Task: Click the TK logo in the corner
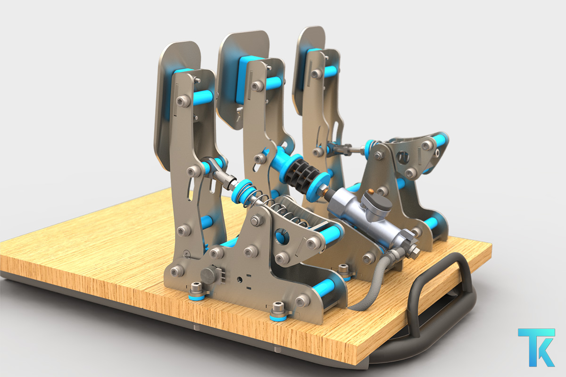tap(536, 347)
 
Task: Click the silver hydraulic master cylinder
tap(366, 217)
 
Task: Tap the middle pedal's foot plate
tap(240, 76)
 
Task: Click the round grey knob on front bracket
tap(208, 274)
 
